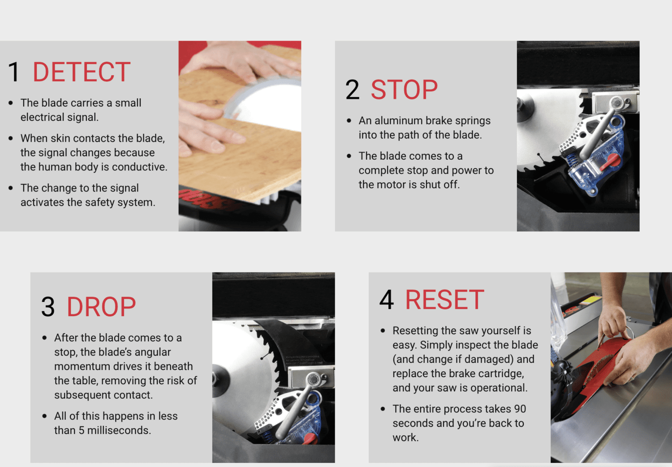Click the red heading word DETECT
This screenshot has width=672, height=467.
click(x=82, y=72)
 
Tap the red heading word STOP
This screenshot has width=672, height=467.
click(x=404, y=90)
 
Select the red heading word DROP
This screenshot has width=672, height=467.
click(x=101, y=307)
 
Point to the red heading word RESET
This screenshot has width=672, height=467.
click(x=444, y=300)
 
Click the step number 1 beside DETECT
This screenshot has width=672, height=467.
click(x=14, y=72)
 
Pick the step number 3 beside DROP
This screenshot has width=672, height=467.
click(x=47, y=307)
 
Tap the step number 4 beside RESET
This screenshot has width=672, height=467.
click(x=386, y=300)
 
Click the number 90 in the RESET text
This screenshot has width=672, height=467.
click(x=520, y=409)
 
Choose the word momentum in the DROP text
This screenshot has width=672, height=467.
click(x=78, y=366)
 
